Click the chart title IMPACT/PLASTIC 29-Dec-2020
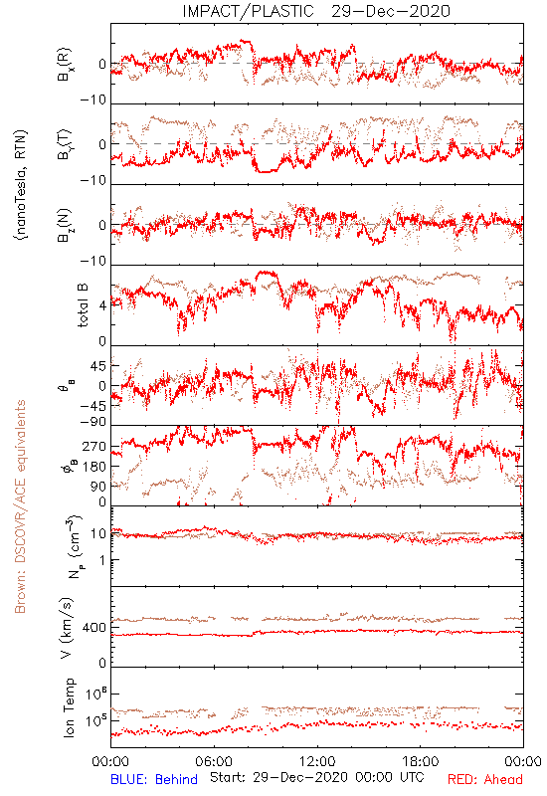coord(316,11)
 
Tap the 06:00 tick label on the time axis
coord(214,761)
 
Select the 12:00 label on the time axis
coord(317,761)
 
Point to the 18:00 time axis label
coord(421,761)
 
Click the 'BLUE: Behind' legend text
coord(154,779)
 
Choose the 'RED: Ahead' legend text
coord(484,779)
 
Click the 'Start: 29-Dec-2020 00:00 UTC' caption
coord(317,777)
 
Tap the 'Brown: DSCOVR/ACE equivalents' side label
coord(20,506)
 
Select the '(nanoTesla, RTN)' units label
coord(21,185)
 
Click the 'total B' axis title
coord(82,305)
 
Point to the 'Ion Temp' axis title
coord(69,707)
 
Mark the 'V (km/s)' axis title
coord(67,628)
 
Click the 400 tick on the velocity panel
coord(94,628)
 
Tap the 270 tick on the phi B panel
coord(94,447)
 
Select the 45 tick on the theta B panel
coord(98,366)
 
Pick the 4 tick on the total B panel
coord(103,306)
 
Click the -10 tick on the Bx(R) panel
coord(93,100)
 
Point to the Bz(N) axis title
coord(65,225)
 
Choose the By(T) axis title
coord(65,144)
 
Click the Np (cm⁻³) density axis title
coord(73,547)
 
